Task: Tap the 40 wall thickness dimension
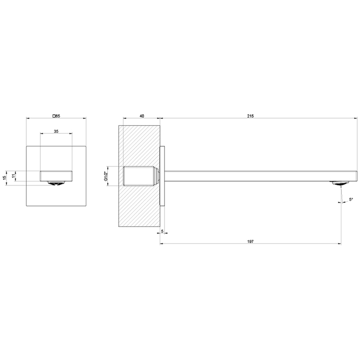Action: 141,115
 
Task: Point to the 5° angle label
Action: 351,199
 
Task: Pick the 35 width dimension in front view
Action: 56,131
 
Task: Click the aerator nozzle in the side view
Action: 340,183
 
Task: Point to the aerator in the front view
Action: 56,183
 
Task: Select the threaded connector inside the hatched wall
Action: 140,176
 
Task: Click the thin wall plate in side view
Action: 161,176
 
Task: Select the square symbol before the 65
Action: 53,115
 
